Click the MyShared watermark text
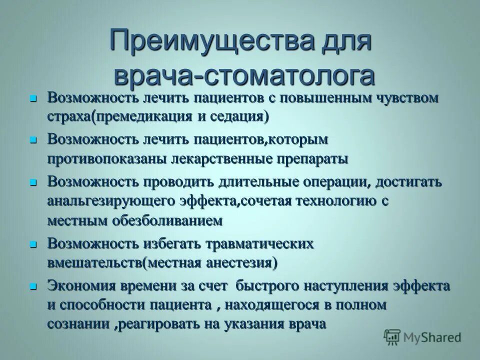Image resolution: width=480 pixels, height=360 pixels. (x=432, y=337)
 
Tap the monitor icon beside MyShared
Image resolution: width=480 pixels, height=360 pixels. (x=392, y=337)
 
